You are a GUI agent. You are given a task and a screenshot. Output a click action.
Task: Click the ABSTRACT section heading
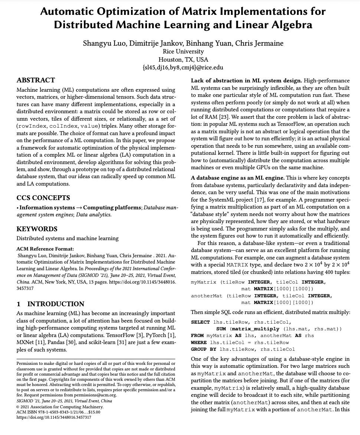(36, 80)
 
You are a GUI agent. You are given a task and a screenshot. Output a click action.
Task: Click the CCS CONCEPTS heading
(43, 198)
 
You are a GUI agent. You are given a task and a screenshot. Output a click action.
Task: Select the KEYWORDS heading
(37, 229)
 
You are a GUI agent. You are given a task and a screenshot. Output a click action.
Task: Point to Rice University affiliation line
(183, 52)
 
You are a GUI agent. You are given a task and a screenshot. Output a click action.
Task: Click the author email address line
(183, 68)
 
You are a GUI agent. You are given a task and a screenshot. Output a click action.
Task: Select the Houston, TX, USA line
(183, 59)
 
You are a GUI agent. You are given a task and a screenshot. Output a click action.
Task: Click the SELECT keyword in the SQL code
(200, 322)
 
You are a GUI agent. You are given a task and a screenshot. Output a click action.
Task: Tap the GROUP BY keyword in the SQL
(203, 349)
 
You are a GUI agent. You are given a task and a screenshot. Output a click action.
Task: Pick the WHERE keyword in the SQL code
(199, 343)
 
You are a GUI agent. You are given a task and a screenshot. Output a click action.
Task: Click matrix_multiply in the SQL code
(255, 329)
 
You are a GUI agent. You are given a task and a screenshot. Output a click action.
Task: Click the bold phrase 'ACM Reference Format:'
(45, 249)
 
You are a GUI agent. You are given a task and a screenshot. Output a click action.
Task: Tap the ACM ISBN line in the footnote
(59, 412)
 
